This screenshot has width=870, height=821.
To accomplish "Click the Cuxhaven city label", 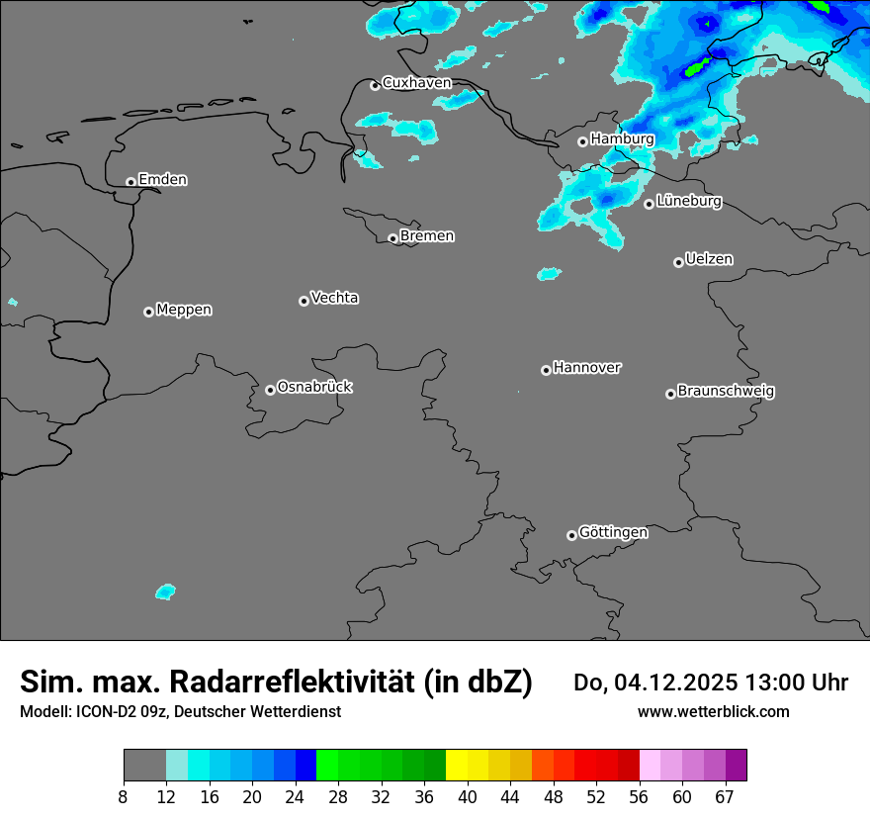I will pyautogui.click(x=416, y=83).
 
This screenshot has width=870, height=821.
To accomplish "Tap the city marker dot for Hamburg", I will pyautogui.click(x=582, y=141).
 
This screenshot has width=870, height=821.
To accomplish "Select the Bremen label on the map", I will pyautogui.click(x=427, y=236).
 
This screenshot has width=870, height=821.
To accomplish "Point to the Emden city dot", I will pyautogui.click(x=130, y=182).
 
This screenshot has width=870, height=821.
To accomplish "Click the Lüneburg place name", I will pyautogui.click(x=688, y=202).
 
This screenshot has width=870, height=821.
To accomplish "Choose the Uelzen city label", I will pyautogui.click(x=709, y=260).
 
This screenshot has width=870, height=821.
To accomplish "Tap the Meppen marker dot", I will pyautogui.click(x=148, y=312).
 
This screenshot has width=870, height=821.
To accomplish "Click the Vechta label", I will pyautogui.click(x=334, y=299).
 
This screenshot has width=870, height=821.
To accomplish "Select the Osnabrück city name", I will pyautogui.click(x=314, y=388).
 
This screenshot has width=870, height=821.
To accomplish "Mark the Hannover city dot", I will pyautogui.click(x=546, y=370).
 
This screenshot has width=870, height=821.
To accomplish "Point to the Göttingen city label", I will pyautogui.click(x=613, y=533).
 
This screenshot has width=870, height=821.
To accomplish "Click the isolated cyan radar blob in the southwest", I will pyautogui.click(x=165, y=592).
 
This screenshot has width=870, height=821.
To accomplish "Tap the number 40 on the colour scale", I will pyautogui.click(x=467, y=796).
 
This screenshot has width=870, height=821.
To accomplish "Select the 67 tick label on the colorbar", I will pyautogui.click(x=725, y=796).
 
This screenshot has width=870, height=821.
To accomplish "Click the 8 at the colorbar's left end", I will pyautogui.click(x=124, y=796).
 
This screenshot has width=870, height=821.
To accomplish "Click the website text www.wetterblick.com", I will pyautogui.click(x=713, y=712).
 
